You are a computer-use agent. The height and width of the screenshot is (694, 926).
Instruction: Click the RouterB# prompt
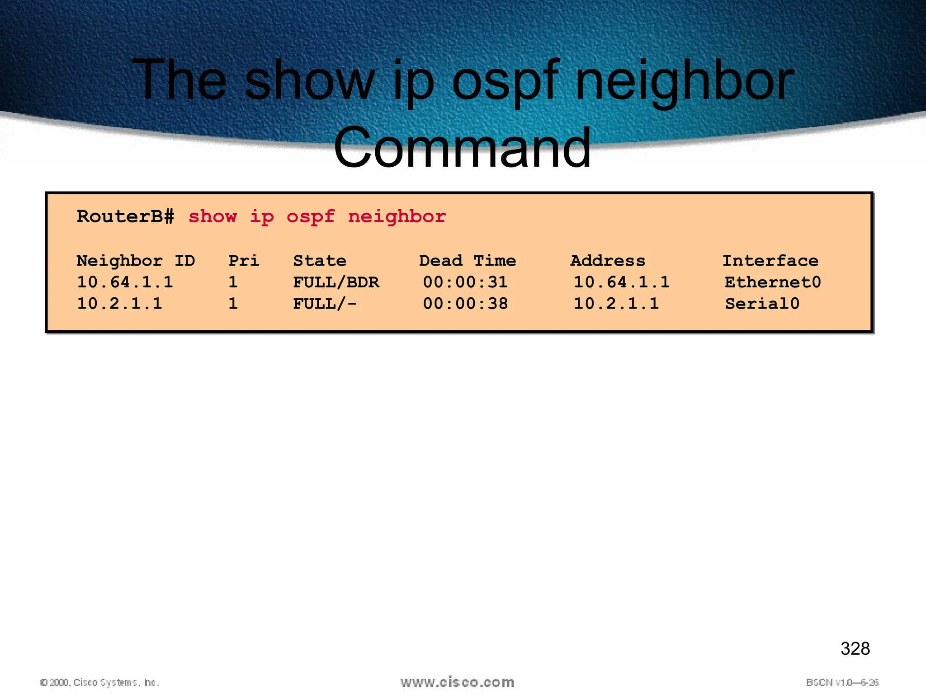[125, 217]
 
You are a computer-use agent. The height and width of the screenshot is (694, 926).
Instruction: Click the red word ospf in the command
[311, 217]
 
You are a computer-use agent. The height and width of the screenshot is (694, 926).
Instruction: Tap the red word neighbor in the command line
[397, 217]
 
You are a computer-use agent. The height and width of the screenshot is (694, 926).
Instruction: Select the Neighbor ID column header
[136, 261]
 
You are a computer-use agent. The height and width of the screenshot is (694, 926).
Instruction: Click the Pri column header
[244, 261]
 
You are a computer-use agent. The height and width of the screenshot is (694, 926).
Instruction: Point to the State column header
[320, 261]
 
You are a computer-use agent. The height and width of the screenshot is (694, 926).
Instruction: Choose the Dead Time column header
[467, 261]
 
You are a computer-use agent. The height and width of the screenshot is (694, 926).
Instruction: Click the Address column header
[608, 261]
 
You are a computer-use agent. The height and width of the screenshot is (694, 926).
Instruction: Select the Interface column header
[770, 261]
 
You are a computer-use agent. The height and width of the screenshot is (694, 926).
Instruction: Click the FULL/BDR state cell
[336, 282]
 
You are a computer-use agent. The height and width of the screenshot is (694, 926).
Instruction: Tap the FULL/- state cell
[325, 304]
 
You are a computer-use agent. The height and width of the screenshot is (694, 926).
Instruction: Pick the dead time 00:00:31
[465, 282]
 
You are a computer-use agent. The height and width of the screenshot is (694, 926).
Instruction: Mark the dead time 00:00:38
[465, 304]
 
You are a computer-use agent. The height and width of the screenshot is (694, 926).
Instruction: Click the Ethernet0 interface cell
[772, 282]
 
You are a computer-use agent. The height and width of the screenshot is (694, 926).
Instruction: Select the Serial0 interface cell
[762, 304]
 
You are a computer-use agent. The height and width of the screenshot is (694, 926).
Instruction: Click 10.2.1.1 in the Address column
[616, 304]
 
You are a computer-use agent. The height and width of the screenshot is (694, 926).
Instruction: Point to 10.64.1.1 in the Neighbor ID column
[125, 282]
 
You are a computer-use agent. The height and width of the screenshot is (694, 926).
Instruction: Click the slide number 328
[855, 648]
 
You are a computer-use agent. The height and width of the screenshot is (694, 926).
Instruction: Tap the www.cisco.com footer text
[457, 682]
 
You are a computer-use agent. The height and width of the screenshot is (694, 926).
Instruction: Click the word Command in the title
[462, 148]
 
